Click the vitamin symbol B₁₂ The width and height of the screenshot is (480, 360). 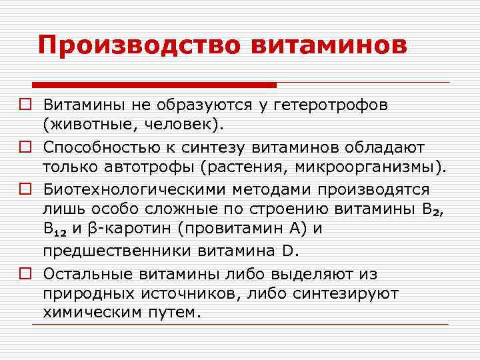point(56,230)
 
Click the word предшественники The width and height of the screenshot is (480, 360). point(117,251)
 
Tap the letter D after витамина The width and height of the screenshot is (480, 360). point(287,251)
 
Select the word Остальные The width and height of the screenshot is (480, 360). point(87,274)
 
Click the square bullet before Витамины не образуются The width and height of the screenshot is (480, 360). point(25,105)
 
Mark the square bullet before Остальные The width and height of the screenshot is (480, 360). point(25,274)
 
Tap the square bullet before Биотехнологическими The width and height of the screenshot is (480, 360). point(25,190)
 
